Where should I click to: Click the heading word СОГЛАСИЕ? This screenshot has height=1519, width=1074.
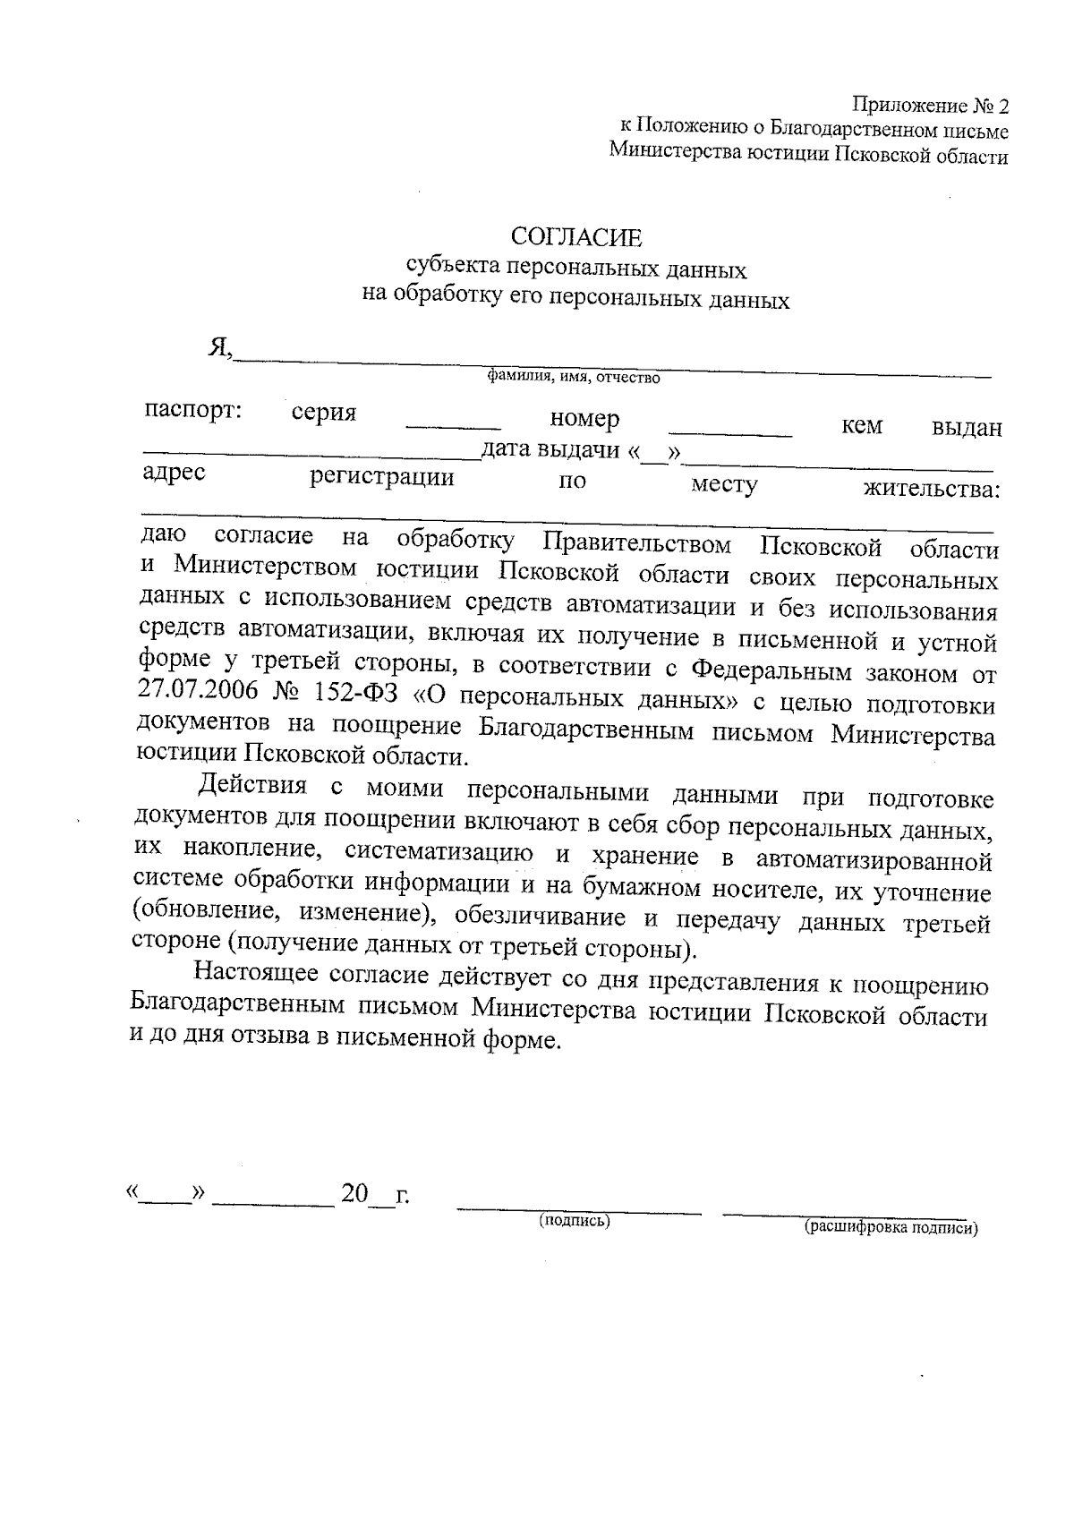(576, 237)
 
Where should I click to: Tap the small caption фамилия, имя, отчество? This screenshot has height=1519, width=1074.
(574, 378)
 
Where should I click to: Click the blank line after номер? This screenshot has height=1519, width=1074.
(730, 433)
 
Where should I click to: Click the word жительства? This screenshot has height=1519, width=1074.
(931, 490)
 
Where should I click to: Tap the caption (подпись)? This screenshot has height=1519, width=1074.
(574, 1221)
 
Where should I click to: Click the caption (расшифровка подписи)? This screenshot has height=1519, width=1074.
(891, 1228)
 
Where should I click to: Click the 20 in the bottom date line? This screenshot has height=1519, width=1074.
(354, 1194)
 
